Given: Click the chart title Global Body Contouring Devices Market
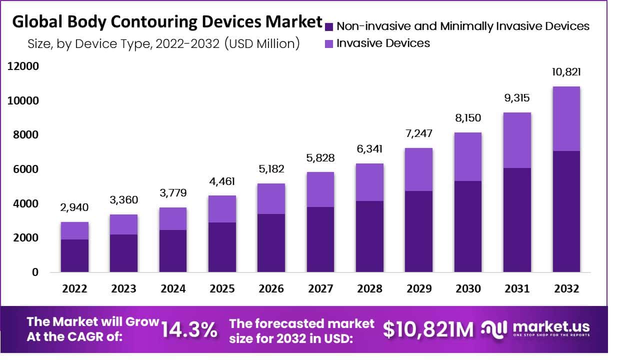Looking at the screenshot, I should tap(167, 22).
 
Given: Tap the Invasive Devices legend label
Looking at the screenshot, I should tap(383, 43).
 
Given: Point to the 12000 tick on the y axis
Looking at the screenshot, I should tap(22, 66).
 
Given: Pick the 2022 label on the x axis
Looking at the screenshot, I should tap(74, 289).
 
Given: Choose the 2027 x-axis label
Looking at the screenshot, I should tap(320, 289).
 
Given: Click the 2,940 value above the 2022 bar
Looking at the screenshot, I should tap(74, 207).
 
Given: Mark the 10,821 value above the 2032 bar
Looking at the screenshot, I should tap(566, 72).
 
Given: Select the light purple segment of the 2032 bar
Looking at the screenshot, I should tap(566, 118).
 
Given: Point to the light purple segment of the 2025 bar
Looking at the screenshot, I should tap(222, 208).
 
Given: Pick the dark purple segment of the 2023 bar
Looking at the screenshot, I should tap(123, 253).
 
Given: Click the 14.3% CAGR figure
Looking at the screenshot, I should tap(189, 329).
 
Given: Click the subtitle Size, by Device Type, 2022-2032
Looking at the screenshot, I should tap(164, 43).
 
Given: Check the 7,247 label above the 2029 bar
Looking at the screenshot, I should tap(418, 133).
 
